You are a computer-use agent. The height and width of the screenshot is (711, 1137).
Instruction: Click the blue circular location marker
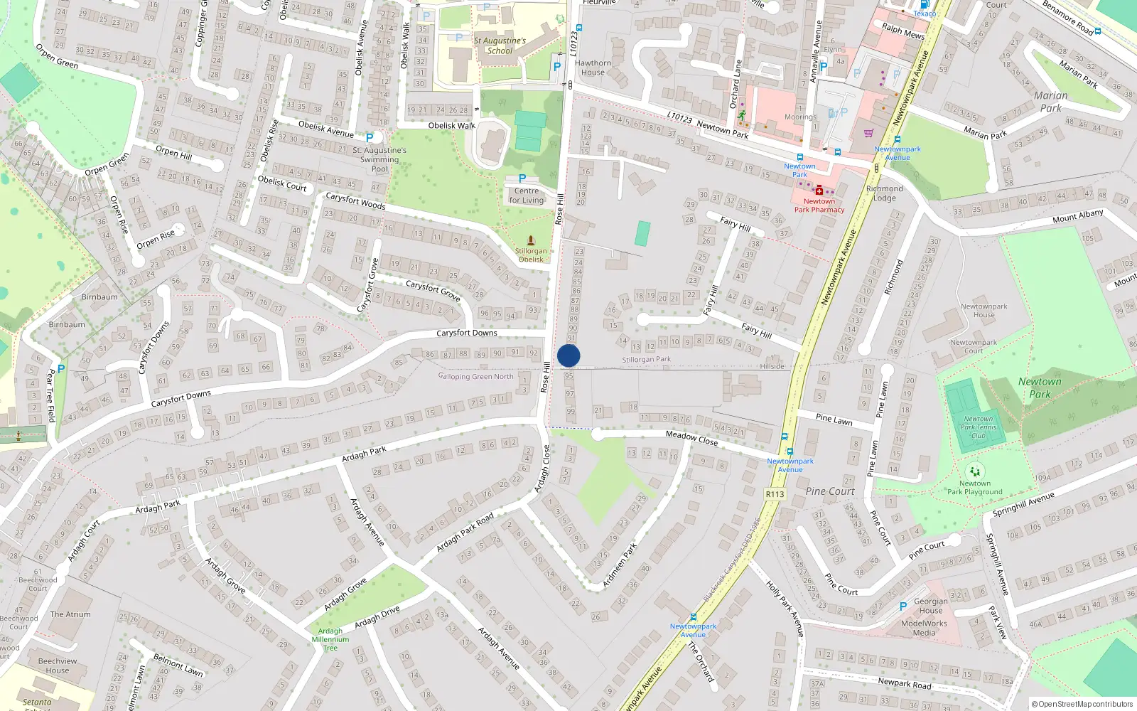[568, 355]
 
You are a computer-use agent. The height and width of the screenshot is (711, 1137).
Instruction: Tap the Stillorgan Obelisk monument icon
[531, 241]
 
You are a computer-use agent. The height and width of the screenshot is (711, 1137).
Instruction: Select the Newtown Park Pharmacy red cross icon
[819, 191]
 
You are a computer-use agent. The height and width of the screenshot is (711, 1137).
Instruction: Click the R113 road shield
[775, 494]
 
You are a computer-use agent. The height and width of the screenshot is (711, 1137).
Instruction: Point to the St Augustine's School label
[500, 46]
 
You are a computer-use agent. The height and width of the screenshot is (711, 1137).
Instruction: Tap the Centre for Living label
[526, 196]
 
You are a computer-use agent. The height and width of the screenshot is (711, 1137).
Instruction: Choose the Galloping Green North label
[476, 376]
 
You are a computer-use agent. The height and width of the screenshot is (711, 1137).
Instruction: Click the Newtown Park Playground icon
[974, 471]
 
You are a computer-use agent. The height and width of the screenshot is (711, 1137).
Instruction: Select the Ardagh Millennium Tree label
[330, 639]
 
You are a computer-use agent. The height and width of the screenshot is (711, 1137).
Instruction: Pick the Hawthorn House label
[593, 68]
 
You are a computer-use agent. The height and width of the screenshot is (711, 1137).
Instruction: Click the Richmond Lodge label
[885, 193]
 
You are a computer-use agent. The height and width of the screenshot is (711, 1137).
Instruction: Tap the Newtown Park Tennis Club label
[979, 427]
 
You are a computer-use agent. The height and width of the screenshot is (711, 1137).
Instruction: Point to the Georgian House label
[930, 606]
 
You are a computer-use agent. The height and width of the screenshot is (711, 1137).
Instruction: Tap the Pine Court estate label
[830, 491]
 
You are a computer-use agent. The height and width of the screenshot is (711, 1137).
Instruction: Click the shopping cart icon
[868, 133]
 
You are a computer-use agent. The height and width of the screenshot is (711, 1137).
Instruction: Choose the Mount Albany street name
[1077, 216]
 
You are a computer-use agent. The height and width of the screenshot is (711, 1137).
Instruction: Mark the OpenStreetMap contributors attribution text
[1082, 704]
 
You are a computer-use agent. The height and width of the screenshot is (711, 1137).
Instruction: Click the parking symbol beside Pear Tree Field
[61, 369]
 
